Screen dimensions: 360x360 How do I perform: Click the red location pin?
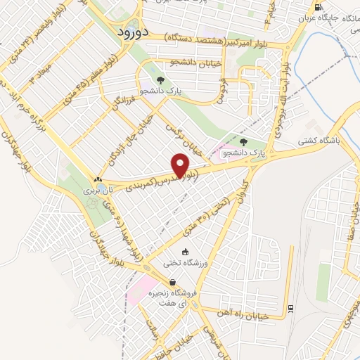[182, 165]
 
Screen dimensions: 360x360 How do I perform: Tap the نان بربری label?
[94, 191]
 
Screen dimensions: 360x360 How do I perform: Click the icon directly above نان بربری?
[98, 179]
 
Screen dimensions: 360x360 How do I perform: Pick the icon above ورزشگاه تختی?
[185, 252]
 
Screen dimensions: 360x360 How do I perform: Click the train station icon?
[290, 307]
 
